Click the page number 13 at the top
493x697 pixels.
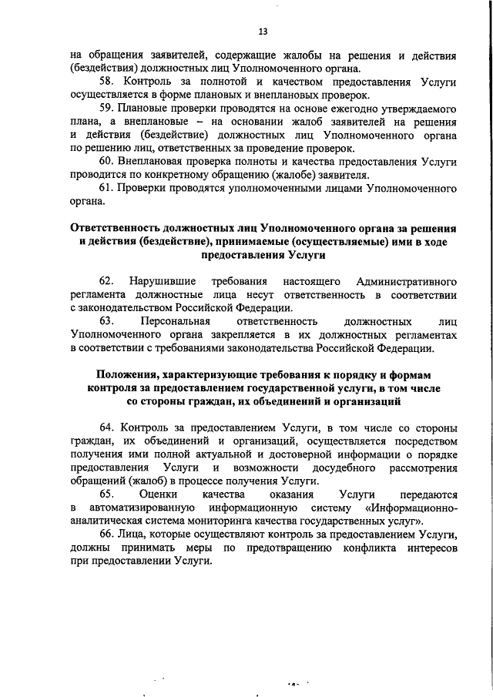pos(262,32)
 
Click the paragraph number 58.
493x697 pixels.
pos(107,81)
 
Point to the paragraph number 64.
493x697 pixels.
pos(107,427)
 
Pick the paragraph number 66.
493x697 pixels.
pos(107,534)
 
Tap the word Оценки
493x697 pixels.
pos(158,494)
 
